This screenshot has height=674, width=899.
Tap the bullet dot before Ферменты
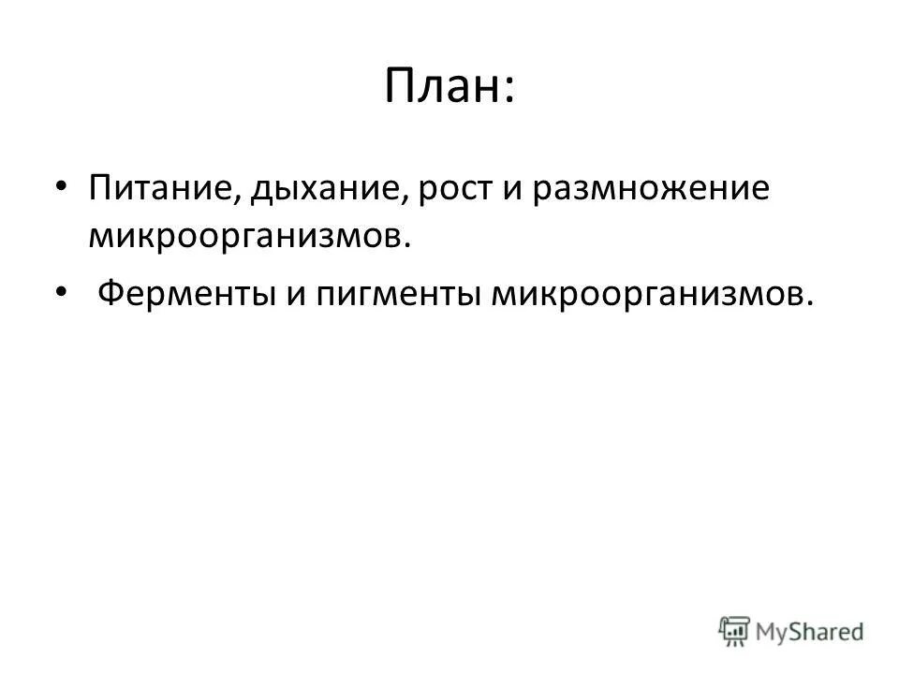tap(61, 293)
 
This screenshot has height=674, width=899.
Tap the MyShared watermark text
tap(810, 632)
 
